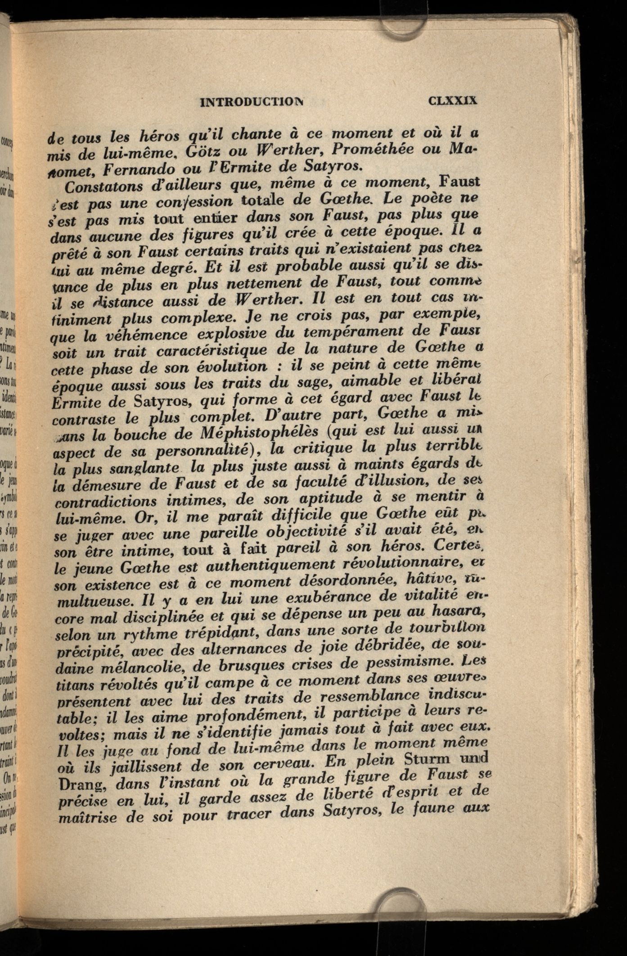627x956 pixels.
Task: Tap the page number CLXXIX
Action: (452, 100)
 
